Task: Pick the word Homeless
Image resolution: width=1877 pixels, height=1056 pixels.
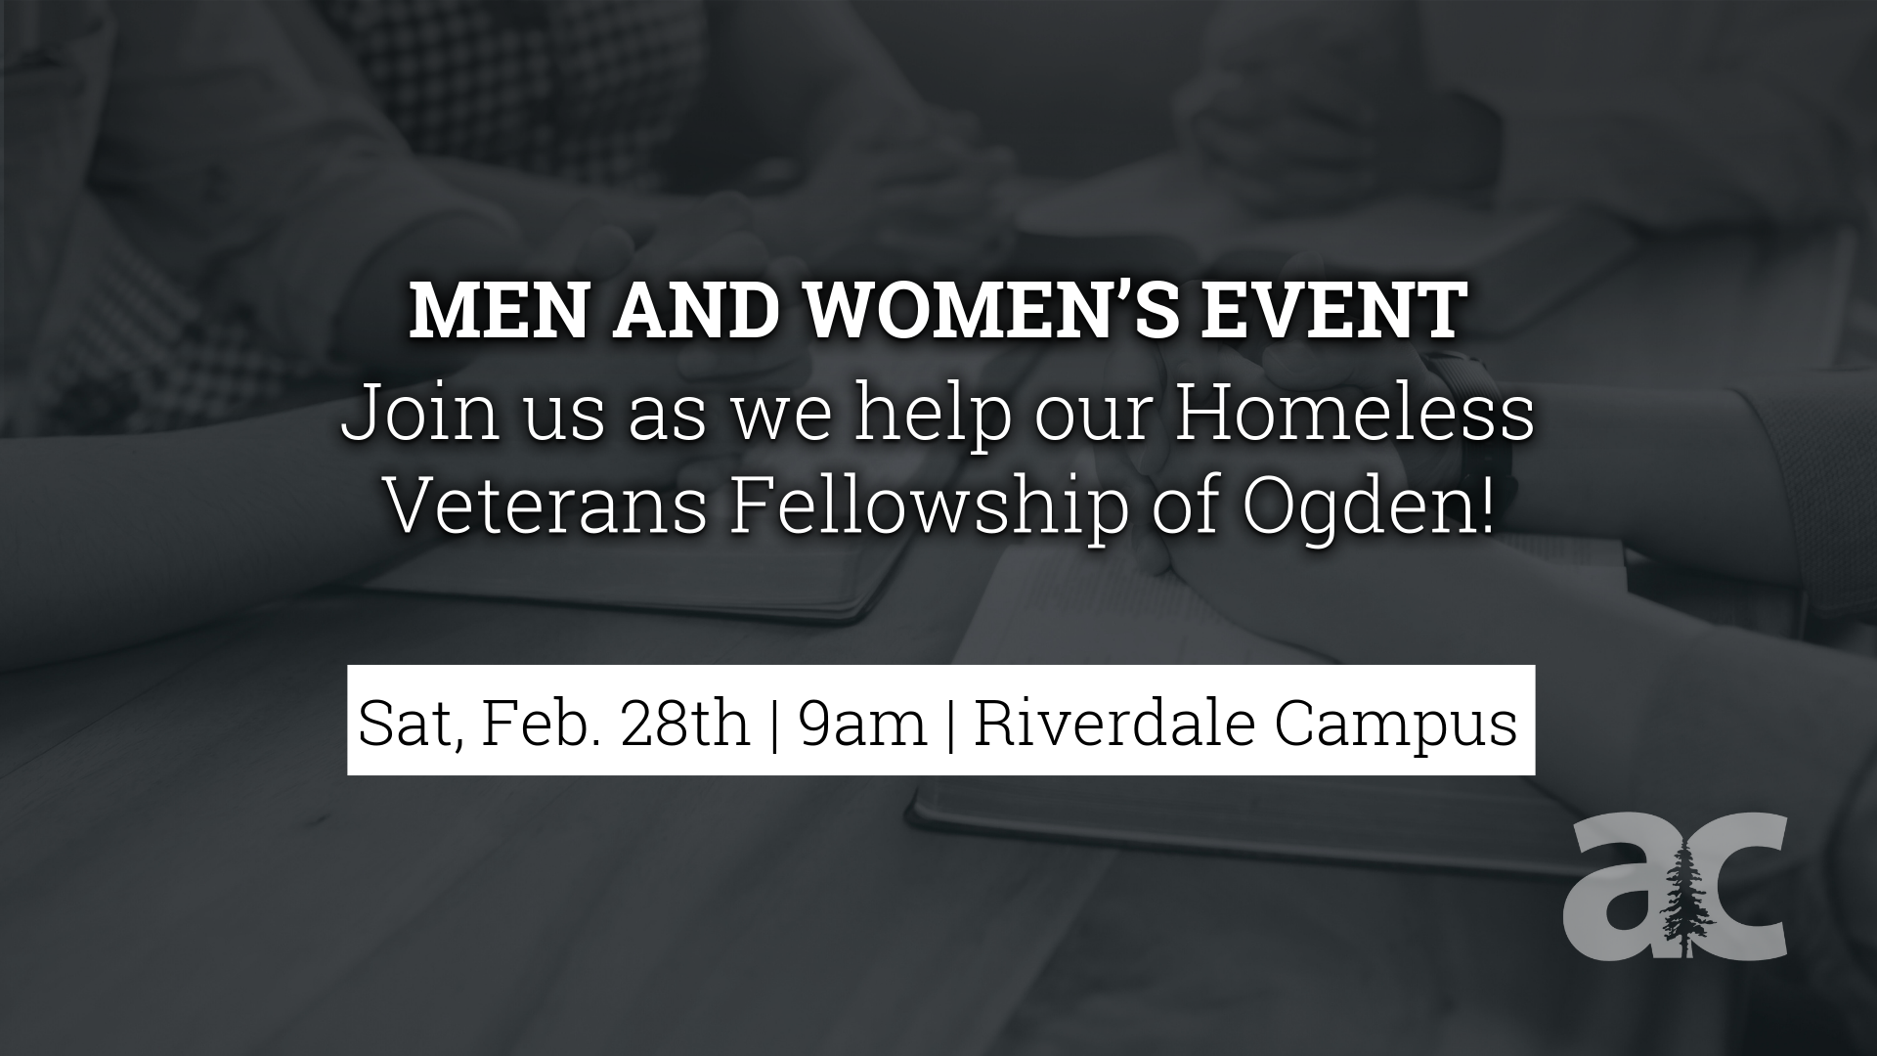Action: click(1354, 416)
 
